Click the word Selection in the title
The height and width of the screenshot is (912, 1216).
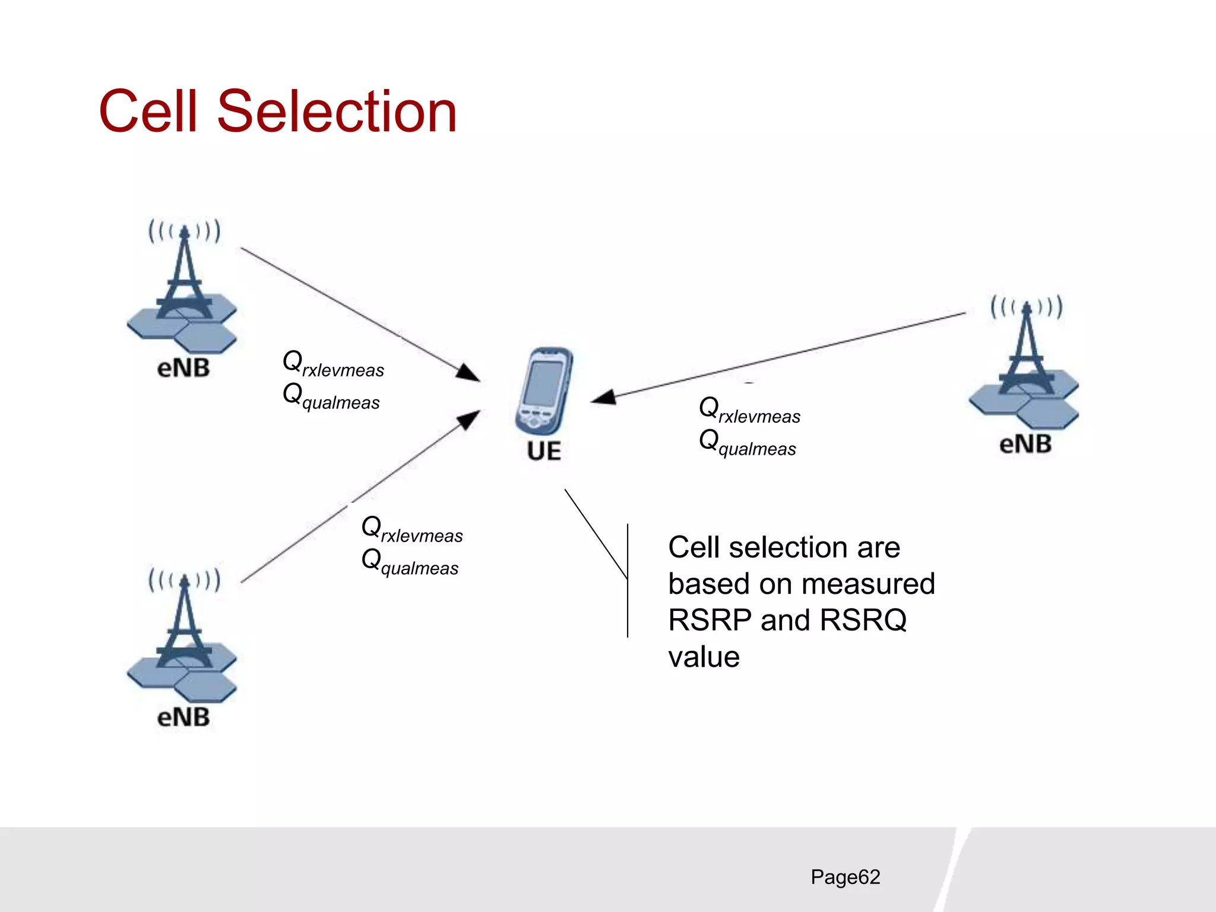[x=337, y=112]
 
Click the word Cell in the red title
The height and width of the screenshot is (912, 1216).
[x=148, y=112]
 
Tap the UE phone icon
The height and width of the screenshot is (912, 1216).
[x=543, y=392]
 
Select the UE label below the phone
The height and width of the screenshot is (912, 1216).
[x=543, y=451]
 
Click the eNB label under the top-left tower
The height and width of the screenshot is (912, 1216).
[x=183, y=368]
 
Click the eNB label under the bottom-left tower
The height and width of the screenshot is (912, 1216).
[x=183, y=717]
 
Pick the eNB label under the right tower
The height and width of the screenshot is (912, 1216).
[x=1025, y=444]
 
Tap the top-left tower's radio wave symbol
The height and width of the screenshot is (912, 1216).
[x=184, y=231]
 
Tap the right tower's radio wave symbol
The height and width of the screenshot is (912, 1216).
[x=1026, y=307]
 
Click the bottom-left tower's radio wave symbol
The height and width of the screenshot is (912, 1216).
[x=184, y=580]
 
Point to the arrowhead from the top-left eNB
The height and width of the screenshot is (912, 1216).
[x=469, y=373]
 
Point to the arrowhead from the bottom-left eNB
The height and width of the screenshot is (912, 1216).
[x=469, y=419]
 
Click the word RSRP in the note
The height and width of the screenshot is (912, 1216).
[x=710, y=620]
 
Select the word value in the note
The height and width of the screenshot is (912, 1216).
[x=704, y=657]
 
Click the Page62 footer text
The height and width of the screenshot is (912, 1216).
[x=845, y=877]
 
